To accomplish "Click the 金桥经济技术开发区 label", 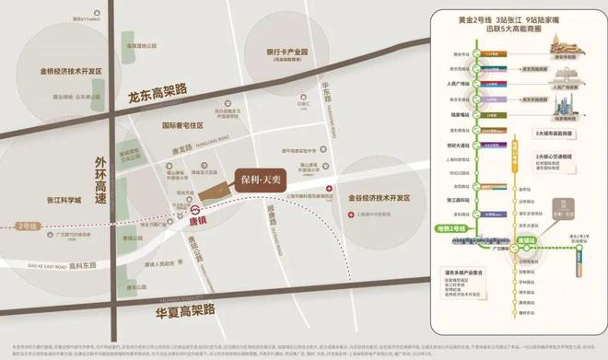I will point(71,70).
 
